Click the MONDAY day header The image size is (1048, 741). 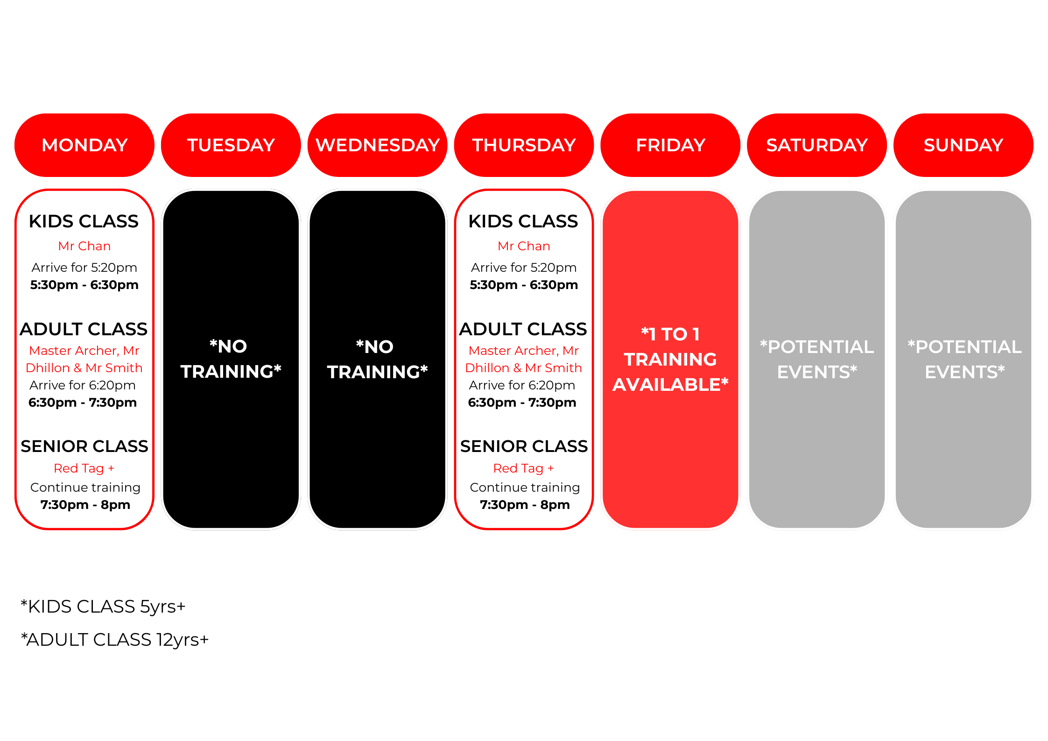coord(84,145)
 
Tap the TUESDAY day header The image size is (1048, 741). coord(231,145)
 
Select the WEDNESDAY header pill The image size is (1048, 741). coord(378,145)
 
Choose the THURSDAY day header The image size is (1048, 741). coord(524,145)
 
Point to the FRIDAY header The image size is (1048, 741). coord(670,145)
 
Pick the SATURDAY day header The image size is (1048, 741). coord(817,145)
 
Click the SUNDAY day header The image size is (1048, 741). coord(964,145)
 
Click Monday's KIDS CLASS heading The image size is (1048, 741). coord(84,221)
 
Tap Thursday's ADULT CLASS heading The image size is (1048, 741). coord(523,329)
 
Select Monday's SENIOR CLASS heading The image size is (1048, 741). coord(84,446)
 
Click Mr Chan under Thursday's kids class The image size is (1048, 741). coord(524,246)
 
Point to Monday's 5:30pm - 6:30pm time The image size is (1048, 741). coord(84,285)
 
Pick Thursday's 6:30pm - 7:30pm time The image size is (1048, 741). coord(522,402)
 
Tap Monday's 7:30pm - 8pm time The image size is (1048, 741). coord(85,505)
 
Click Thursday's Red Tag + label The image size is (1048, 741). coord(524,468)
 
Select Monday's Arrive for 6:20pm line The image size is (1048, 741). coord(83,385)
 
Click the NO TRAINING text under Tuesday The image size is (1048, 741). coord(231,359)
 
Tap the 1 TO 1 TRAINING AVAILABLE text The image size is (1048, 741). coord(670,359)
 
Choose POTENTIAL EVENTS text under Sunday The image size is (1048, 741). coord(964,359)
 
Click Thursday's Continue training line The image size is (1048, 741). coord(525,487)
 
